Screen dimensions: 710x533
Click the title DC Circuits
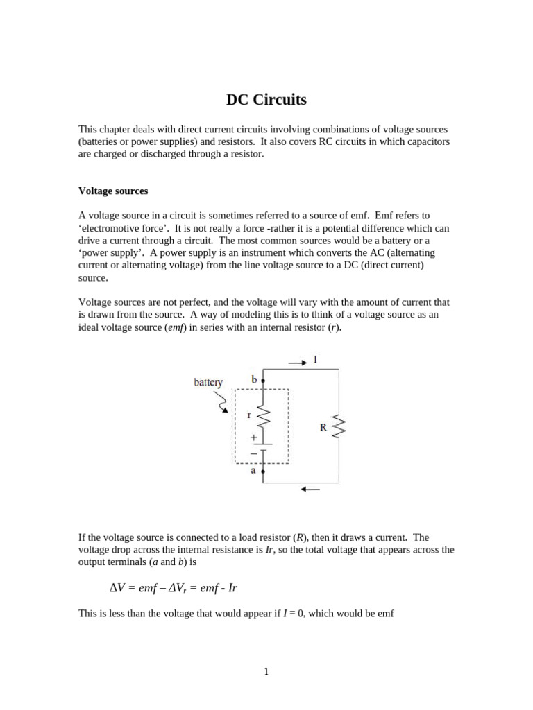click(266, 100)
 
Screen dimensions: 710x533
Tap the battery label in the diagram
click(208, 382)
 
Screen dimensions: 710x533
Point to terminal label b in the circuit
click(254, 379)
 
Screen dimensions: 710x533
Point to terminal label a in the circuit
click(253, 470)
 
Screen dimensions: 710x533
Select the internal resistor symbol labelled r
click(263, 417)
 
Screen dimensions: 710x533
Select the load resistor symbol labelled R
click(339, 426)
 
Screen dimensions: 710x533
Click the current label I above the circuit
click(316, 359)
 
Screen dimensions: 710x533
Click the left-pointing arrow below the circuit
click(310, 490)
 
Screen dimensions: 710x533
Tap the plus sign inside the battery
click(253, 438)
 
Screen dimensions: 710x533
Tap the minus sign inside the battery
click(253, 452)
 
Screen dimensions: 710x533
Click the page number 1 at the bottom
click(266, 671)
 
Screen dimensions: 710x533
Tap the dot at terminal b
click(263, 381)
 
